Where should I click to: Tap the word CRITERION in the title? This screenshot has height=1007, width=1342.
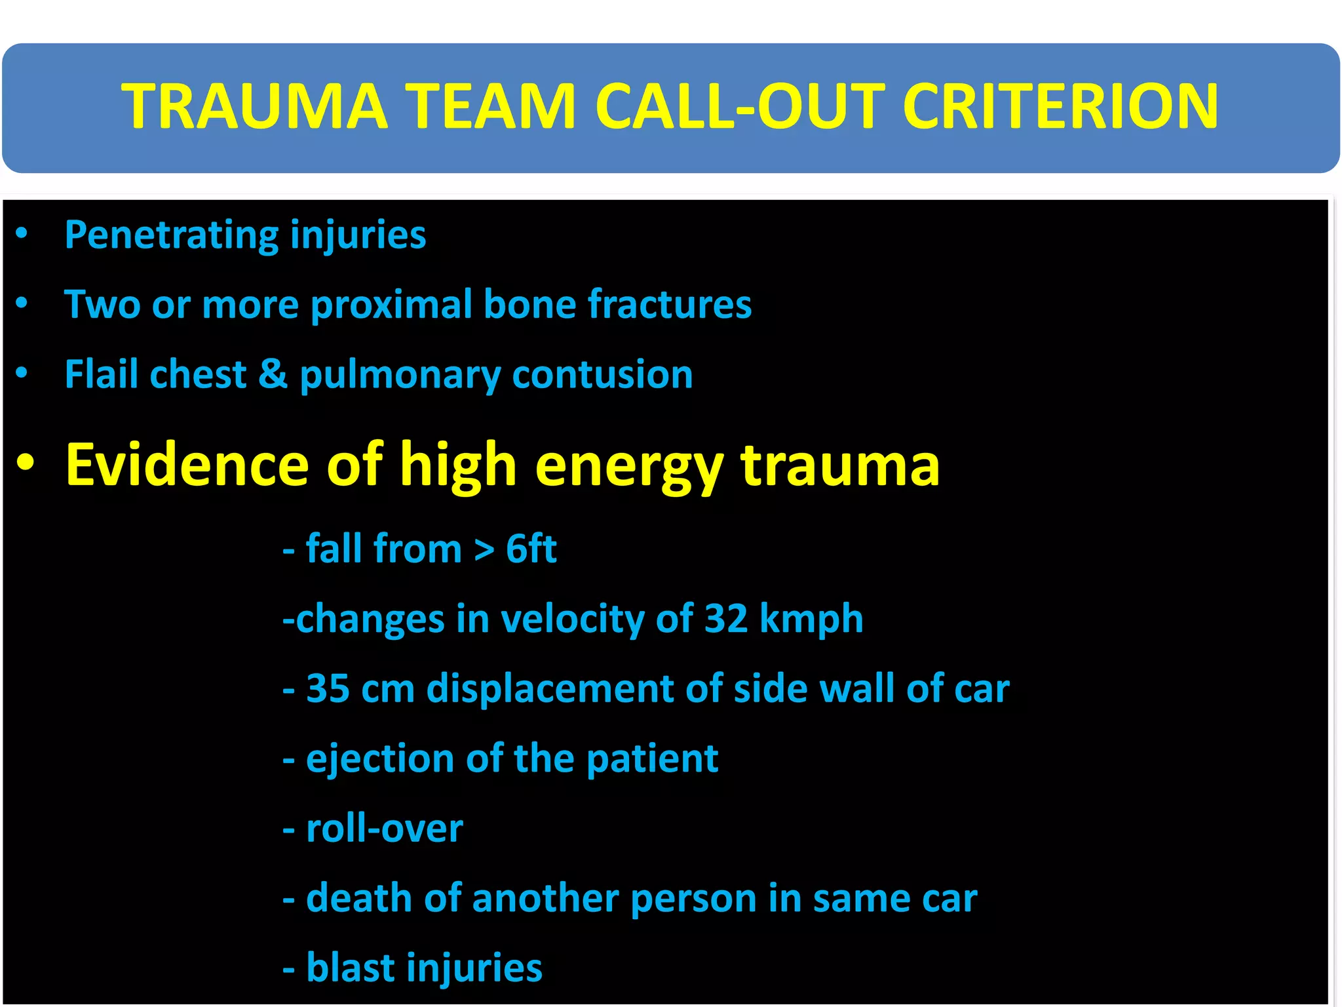1060,106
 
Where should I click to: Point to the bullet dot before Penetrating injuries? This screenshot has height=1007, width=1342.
22,233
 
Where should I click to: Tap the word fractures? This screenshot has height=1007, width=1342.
669,305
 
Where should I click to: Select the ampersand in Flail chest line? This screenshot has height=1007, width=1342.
273,374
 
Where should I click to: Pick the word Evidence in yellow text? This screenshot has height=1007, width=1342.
187,465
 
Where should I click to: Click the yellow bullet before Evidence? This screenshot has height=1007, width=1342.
26,462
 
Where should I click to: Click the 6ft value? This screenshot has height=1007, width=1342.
531,549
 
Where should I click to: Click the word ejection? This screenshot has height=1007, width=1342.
380,759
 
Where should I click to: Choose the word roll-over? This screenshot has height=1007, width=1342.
385,829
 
